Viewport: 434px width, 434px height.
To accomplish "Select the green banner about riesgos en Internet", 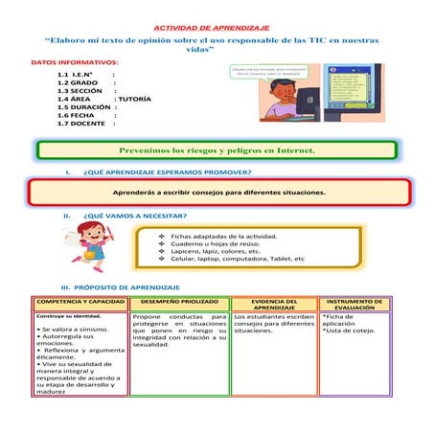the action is click(x=217, y=150).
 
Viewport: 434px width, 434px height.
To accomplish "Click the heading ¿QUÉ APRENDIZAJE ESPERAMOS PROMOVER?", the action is click(x=169, y=173).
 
